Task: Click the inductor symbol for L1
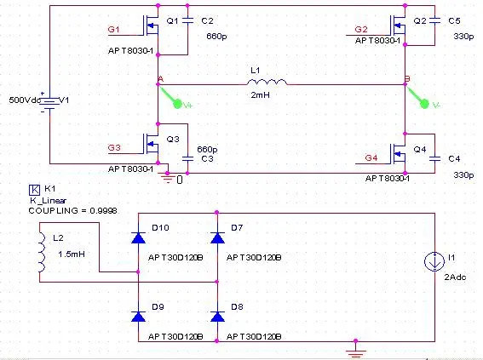pos(267,82)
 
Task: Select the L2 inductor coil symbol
pos(42,252)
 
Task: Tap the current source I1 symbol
pos(434,261)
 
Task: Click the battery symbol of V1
pos(49,102)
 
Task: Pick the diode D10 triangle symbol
pos(138,237)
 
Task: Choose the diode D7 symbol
pos(217,237)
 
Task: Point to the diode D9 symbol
pos(138,317)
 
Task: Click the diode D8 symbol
pos(217,317)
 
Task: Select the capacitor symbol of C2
pos(187,20)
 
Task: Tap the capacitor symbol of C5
pos(434,20)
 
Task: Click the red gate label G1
pos(113,29)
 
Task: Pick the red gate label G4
pos(371,157)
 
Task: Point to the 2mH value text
pos(261,95)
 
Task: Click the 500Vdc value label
pos(25,100)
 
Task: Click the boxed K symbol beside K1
pos(34,190)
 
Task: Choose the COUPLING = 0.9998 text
pos(72,211)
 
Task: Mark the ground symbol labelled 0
pos(168,178)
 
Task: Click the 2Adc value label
pos(455,277)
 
